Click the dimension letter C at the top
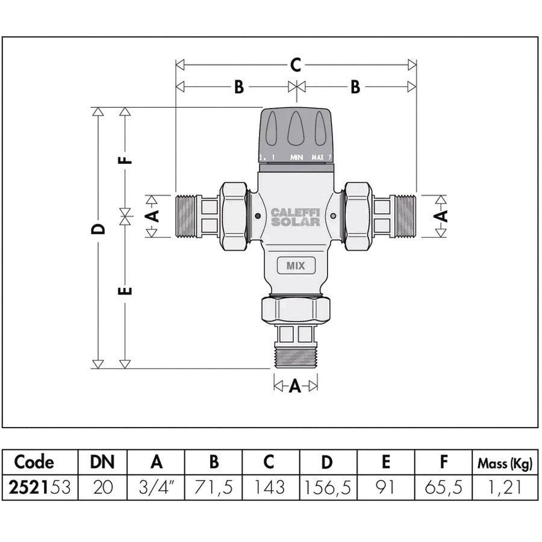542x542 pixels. [294, 64]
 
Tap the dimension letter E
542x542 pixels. [125, 291]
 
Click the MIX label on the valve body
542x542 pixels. [295, 266]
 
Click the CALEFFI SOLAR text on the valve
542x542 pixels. [295, 217]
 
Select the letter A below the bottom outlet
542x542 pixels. [294, 386]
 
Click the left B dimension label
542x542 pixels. [238, 87]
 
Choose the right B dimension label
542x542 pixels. [355, 87]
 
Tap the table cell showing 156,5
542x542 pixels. [327, 487]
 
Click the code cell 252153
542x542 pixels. [41, 487]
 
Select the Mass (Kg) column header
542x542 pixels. [504, 463]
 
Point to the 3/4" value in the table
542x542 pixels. [156, 487]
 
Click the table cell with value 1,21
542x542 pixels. [504, 487]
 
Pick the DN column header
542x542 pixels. [103, 463]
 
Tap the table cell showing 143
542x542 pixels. [269, 487]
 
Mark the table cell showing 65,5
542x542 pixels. [444, 487]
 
